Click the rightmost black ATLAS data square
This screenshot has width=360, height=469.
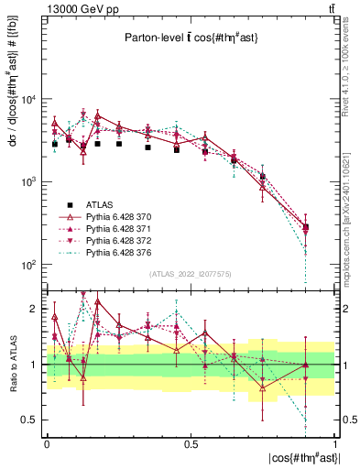tap(305, 226)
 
